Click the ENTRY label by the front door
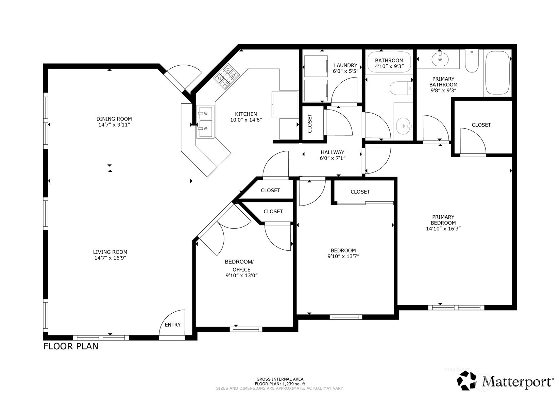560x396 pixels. coord(172,325)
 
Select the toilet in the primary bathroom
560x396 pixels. coord(472,61)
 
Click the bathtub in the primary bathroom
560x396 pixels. coord(498,73)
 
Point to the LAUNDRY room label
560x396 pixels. coord(345,65)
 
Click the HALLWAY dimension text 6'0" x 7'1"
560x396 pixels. coord(333,158)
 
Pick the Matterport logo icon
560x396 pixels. coord(469,380)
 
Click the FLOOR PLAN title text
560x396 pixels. coord(71,346)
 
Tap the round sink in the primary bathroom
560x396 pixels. coord(440,60)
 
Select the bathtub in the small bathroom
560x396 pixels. coord(389,61)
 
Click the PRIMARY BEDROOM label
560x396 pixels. coord(443,220)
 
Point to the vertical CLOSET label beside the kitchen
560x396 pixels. coord(310,123)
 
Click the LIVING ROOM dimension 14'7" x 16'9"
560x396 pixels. coord(110,258)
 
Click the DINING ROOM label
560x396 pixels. coord(114,119)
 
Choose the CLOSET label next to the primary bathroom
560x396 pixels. coord(481,125)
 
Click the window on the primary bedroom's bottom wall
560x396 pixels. coord(456,308)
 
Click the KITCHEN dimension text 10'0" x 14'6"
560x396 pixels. coord(246,120)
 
